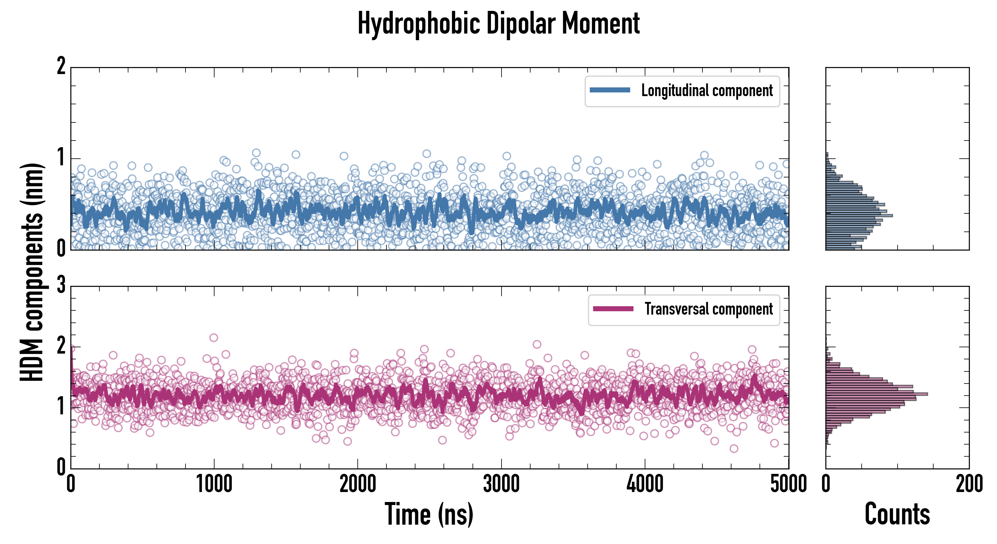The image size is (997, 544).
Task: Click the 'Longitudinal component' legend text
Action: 707,91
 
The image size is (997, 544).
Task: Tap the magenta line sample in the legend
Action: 613,309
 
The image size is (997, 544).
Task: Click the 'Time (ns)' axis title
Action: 429,514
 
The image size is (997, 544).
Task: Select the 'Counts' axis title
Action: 897,514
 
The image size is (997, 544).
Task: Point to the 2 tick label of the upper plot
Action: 61,66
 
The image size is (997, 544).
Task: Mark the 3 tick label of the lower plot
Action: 61,285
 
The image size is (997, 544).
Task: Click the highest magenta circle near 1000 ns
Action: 214,338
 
